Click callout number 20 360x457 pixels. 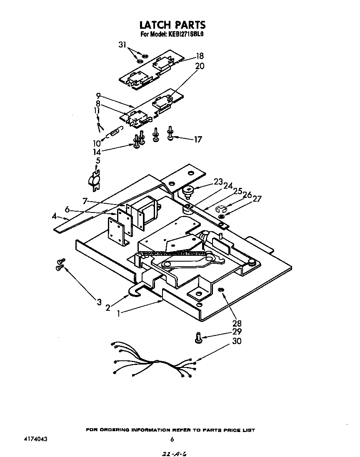(x=200, y=66)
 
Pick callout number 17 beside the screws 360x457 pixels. (x=197, y=139)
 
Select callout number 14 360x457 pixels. (x=97, y=152)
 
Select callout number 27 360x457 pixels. (x=257, y=199)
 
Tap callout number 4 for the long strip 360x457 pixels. (x=55, y=216)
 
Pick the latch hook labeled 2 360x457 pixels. (x=134, y=293)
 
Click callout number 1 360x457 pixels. (x=120, y=313)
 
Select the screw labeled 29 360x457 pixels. (x=199, y=338)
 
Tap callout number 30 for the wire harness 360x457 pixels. (x=236, y=341)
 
